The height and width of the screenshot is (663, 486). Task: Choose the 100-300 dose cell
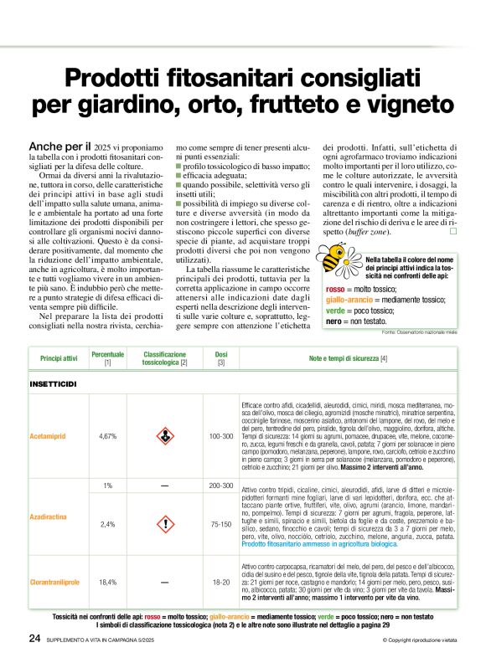point(221,436)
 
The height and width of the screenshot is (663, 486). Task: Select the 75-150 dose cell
point(221,524)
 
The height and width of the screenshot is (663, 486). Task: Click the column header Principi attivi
point(59,359)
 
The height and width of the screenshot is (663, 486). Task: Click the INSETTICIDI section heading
point(53,383)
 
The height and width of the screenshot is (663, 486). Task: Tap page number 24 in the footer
point(34,638)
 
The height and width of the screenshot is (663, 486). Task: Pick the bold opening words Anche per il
point(59,146)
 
